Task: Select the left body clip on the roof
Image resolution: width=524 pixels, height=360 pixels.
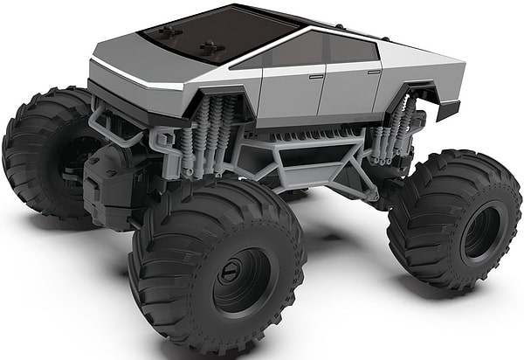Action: click(x=169, y=32)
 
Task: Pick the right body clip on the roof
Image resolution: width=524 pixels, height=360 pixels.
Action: click(x=210, y=45)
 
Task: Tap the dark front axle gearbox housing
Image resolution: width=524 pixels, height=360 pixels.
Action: click(x=110, y=179)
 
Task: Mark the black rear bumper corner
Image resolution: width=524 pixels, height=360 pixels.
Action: click(x=448, y=109)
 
